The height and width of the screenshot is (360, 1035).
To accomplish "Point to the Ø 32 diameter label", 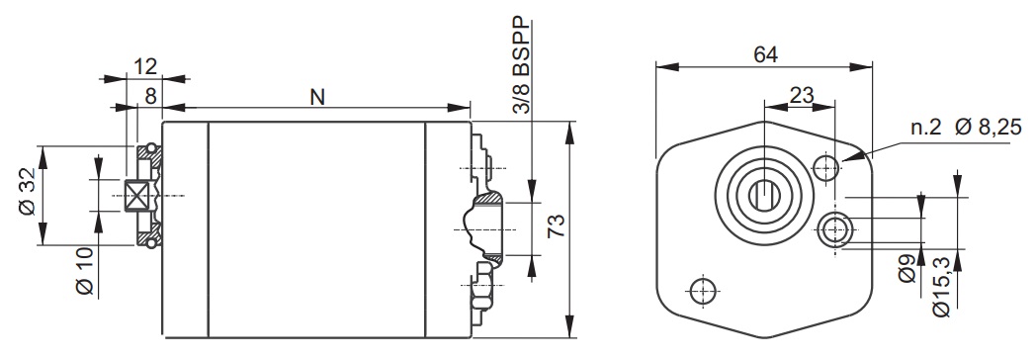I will point(27,195).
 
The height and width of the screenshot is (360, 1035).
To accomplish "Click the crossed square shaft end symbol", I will point(136,196).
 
